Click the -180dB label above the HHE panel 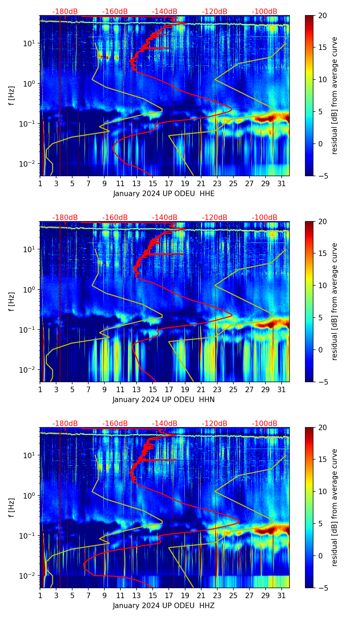(65, 12)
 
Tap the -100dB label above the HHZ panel (265, 424)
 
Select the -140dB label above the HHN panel (165, 218)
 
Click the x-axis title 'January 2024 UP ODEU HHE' (164, 194)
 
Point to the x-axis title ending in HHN (164, 400)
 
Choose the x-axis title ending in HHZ (164, 606)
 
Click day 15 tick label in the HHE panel (153, 184)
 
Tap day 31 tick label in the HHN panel (282, 390)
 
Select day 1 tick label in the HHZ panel (40, 596)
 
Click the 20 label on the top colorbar (322, 15)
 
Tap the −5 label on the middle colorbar (322, 382)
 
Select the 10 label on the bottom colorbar (322, 491)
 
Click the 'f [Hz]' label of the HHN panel (12, 301)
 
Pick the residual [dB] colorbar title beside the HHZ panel (335, 507)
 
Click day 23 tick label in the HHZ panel (217, 596)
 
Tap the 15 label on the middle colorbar (322, 254)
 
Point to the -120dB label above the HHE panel (215, 12)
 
